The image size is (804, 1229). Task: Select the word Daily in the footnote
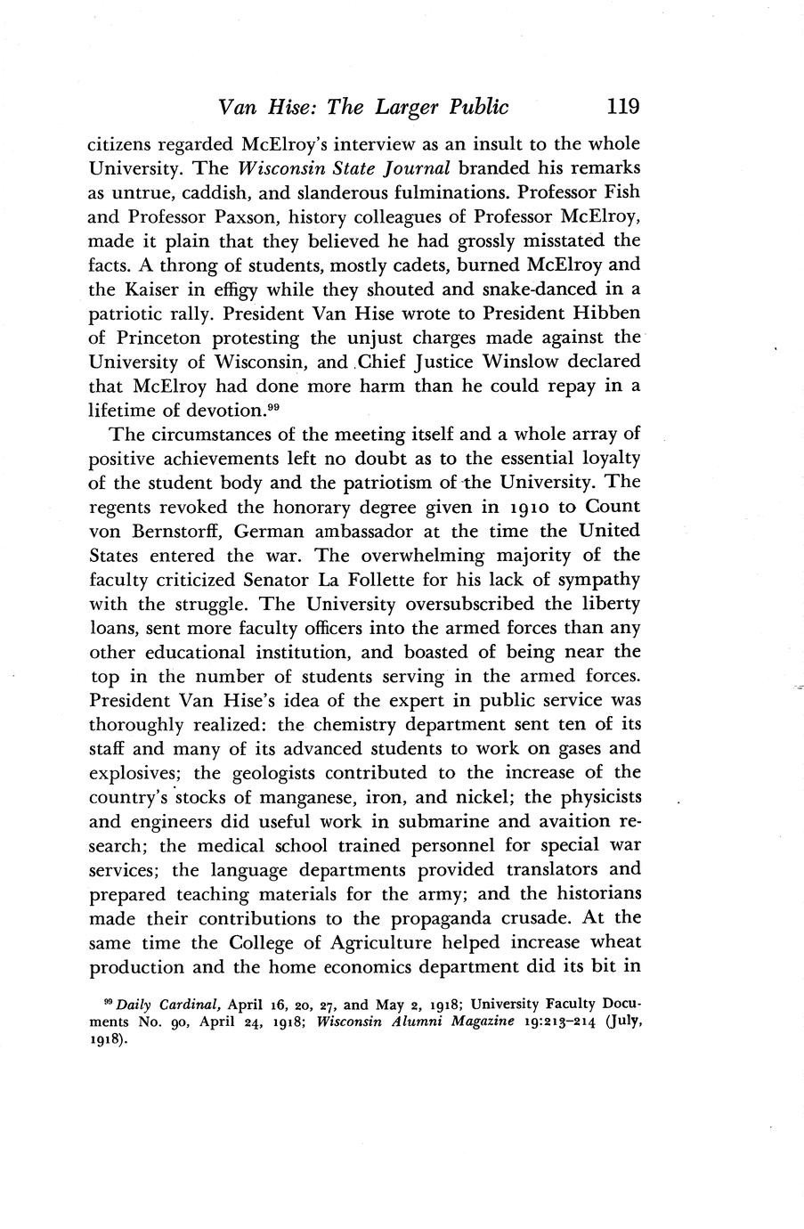point(134,1005)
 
